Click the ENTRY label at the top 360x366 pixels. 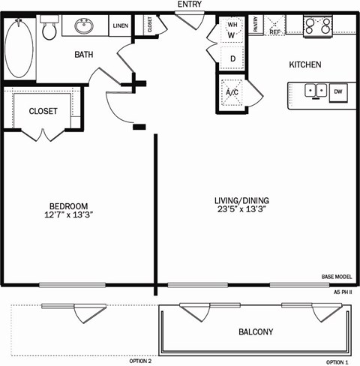tap(188, 4)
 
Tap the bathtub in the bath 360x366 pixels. tap(20, 47)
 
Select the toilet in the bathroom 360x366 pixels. tap(50, 29)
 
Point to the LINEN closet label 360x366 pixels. tap(120, 26)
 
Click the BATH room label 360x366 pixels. tap(83, 55)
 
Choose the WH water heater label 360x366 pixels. tap(231, 25)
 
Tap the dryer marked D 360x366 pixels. tap(232, 58)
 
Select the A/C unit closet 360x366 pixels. tap(232, 93)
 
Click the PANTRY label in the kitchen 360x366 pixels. tap(255, 25)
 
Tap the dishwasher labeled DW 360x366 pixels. tap(338, 91)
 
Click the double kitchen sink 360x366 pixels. tap(314, 91)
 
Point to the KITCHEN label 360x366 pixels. tap(305, 65)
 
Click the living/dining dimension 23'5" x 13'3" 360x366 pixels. tap(241, 211)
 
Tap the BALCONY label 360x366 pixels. tap(256, 332)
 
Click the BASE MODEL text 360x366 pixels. tap(336, 276)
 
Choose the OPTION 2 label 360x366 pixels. tap(140, 361)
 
